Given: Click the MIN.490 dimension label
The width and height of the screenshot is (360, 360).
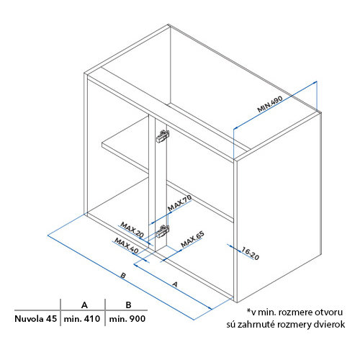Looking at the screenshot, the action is coord(270,104).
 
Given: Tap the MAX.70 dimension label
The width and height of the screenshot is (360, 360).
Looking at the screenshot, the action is coord(179,203).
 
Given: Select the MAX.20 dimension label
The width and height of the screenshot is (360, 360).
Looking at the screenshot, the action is coord(132,230).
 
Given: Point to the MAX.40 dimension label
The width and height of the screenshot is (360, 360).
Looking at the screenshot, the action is coord(126,246).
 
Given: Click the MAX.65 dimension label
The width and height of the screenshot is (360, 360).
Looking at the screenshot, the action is coord(192,239).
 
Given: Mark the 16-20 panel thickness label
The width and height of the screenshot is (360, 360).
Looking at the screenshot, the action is coord(250,253).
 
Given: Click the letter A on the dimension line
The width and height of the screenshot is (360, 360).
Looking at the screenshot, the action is coord(175,284).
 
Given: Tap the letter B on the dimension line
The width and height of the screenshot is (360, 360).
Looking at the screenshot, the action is coord(123,275).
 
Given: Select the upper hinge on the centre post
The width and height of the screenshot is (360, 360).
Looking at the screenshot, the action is coord(163,137).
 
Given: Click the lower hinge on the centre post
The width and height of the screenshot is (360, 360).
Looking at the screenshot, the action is coord(163,232).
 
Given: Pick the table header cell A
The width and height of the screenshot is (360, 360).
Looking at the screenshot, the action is coord(84,305).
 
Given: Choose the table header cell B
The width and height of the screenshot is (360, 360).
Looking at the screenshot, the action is coord(128,305).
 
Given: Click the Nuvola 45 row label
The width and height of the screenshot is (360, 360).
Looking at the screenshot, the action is coord(35,319).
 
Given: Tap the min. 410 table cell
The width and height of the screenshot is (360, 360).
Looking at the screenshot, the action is coord(82,319).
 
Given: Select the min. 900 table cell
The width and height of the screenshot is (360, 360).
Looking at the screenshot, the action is coord(127,319).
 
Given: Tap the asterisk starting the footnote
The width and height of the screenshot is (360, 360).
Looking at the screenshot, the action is coord(249,310).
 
